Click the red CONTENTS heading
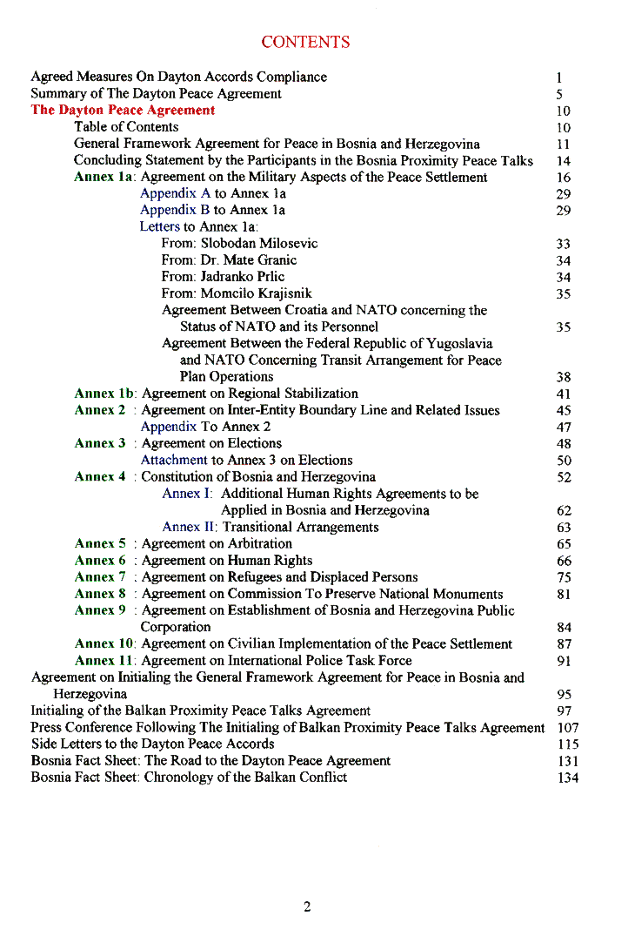click(x=305, y=42)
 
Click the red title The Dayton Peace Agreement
click(x=123, y=110)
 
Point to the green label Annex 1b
click(x=105, y=394)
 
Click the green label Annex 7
click(x=100, y=577)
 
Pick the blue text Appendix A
click(x=175, y=193)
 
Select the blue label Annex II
click(x=190, y=527)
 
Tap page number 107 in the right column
click(x=568, y=728)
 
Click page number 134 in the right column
click(x=568, y=778)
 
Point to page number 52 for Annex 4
click(x=565, y=477)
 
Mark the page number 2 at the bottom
click(x=307, y=907)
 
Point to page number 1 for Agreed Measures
click(x=560, y=77)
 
